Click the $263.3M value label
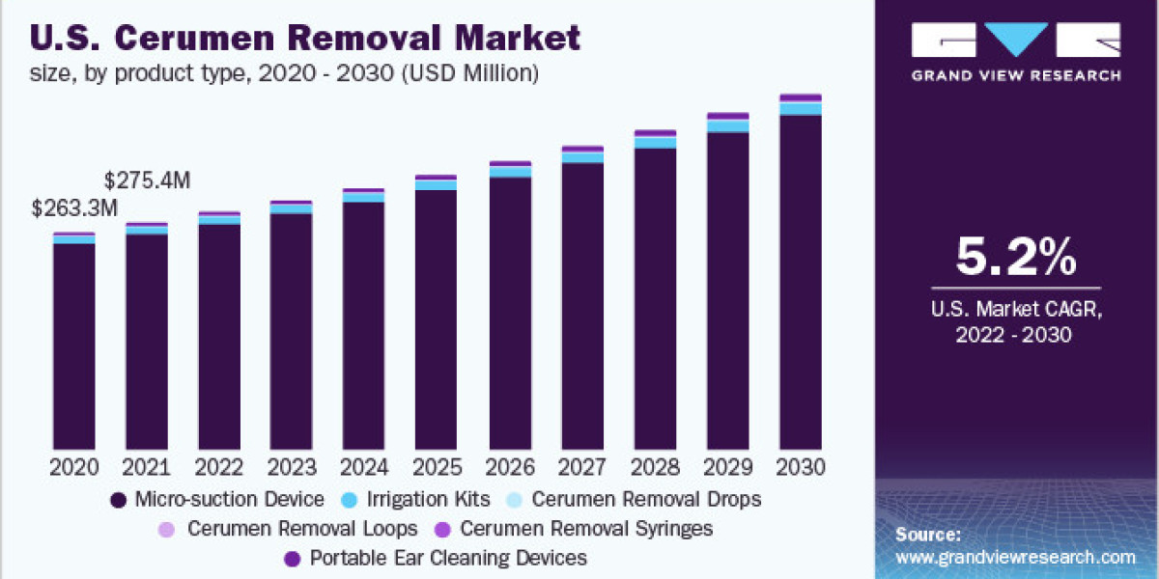[x=74, y=207]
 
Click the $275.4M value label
[x=147, y=179]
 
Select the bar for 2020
[x=74, y=343]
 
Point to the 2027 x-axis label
[x=581, y=468]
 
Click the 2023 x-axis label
[x=291, y=468]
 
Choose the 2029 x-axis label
[x=727, y=468]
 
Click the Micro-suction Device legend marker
[x=119, y=500]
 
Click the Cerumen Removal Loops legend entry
[x=290, y=529]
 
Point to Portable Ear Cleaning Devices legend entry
[x=436, y=558]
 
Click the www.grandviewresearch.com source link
[x=1015, y=557]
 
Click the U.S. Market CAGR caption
[x=1015, y=310]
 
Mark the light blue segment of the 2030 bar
[x=800, y=108]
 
